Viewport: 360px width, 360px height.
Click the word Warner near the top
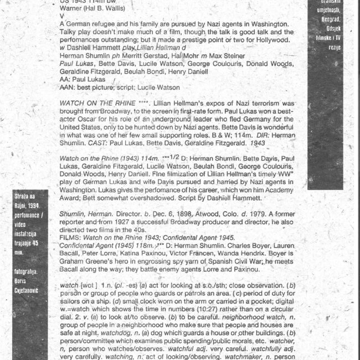(x=70, y=9)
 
